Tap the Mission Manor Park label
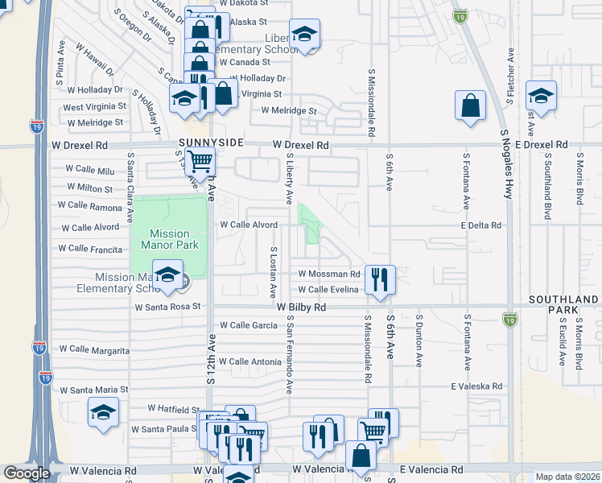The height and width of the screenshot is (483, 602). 165,239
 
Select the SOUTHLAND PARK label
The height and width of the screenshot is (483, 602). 563,304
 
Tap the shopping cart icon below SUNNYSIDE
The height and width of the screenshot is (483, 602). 200,162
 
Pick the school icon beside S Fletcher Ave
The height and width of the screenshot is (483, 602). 541,94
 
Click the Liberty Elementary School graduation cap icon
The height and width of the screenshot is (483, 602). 304,34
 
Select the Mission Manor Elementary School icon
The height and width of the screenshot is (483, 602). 167,275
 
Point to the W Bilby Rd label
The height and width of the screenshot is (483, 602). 301,308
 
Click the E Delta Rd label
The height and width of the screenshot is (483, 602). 481,225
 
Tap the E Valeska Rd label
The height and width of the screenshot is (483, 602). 476,386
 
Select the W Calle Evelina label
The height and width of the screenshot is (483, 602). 328,290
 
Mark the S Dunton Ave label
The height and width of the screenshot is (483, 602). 419,341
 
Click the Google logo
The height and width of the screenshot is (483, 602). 27,473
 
